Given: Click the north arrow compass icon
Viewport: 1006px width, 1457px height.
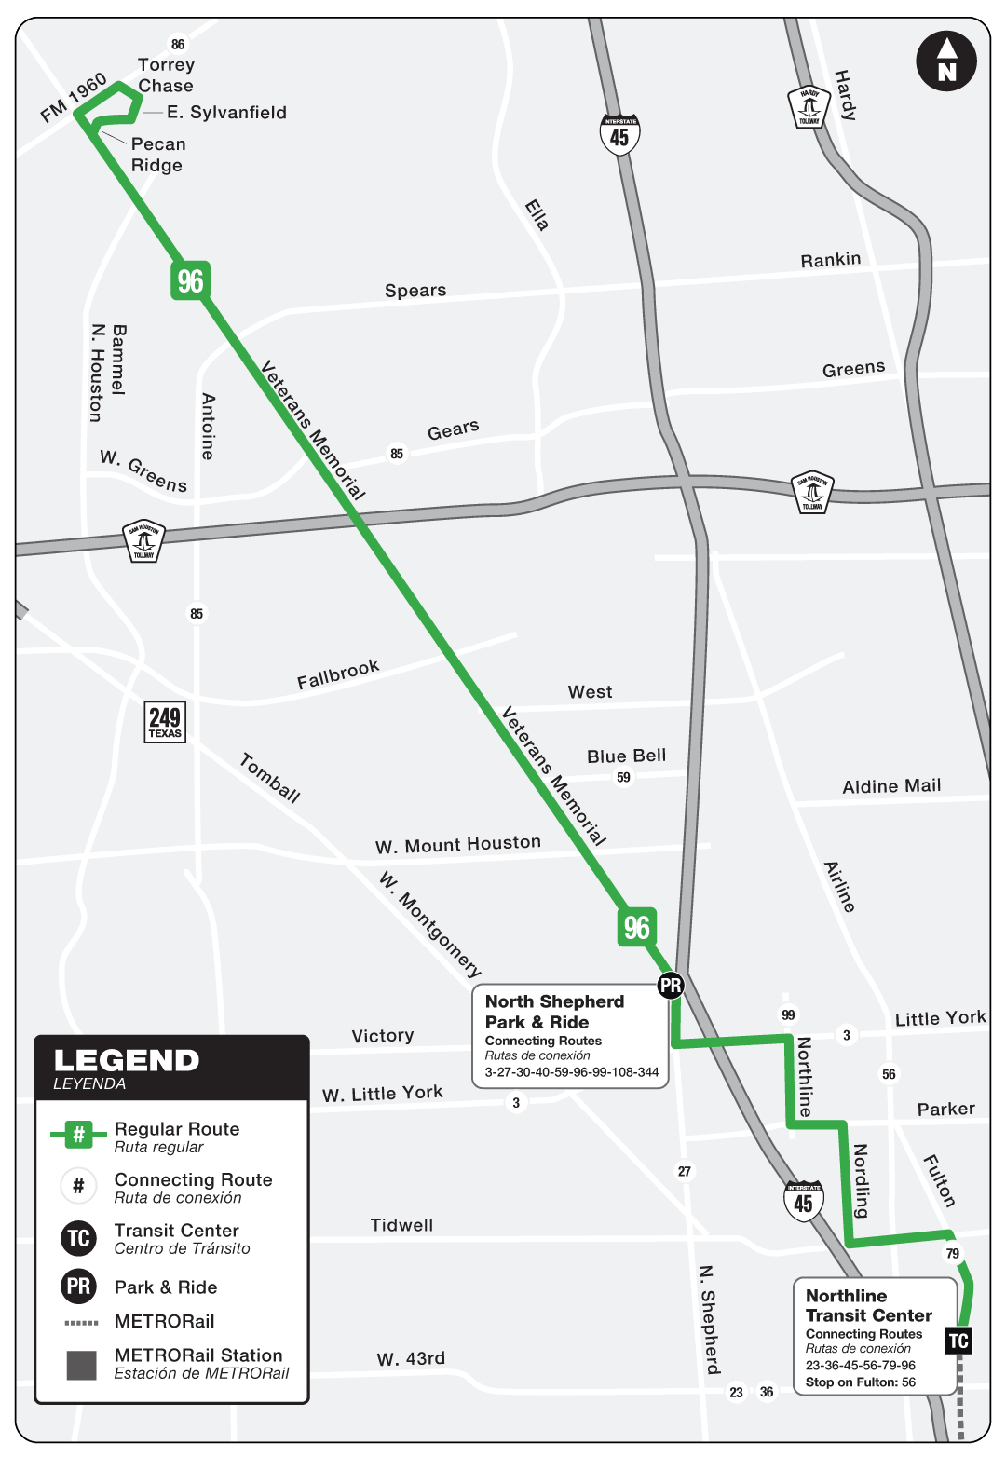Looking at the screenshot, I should click(x=946, y=61).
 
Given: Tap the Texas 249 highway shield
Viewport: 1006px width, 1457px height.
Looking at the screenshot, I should click(x=166, y=722).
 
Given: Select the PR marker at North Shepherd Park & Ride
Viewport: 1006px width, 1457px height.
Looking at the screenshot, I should click(x=671, y=985).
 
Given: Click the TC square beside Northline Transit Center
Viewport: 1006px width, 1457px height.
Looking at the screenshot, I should click(x=958, y=1341).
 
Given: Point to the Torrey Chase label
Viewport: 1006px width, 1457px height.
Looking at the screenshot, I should click(x=166, y=75).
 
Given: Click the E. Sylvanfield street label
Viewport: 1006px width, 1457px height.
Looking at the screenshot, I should click(x=226, y=113).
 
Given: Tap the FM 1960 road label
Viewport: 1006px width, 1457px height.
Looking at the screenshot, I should click(x=74, y=98).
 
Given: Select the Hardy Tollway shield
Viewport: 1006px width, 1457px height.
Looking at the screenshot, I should click(x=809, y=107).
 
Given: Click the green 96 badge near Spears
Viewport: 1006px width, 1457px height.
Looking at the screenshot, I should click(x=190, y=280).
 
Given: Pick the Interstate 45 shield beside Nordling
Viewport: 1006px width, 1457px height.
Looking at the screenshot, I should click(x=803, y=1201).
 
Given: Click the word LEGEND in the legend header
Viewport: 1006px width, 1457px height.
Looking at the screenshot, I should click(x=127, y=1060).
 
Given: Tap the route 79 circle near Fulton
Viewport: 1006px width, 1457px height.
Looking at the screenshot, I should click(x=953, y=1253).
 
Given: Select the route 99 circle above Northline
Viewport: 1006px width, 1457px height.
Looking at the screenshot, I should click(x=789, y=1014).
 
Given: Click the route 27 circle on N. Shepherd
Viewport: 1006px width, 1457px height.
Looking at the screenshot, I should click(x=685, y=1171).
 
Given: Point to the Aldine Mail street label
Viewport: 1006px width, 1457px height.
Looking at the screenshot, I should click(x=891, y=786).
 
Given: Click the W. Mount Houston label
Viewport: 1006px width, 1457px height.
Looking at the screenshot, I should click(x=457, y=844).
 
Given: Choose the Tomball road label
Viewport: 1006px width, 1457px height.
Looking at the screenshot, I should click(x=270, y=778).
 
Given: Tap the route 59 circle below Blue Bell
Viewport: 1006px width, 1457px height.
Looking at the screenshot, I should click(x=623, y=777).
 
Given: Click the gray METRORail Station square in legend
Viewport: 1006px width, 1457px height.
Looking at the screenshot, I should click(x=81, y=1365).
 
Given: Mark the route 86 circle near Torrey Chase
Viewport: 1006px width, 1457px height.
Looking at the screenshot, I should click(x=178, y=44).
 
